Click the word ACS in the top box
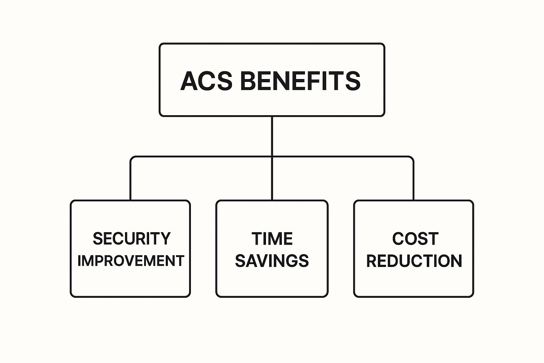[206, 81]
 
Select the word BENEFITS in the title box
[300, 81]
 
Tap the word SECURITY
[132, 239]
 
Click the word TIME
[272, 239]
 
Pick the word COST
[415, 239]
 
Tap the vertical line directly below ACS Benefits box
[272, 136]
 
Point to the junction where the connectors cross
[272, 157]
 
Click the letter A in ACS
[189, 81]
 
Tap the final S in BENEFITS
[352, 81]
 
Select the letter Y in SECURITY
[165, 239]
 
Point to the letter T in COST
[433, 239]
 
